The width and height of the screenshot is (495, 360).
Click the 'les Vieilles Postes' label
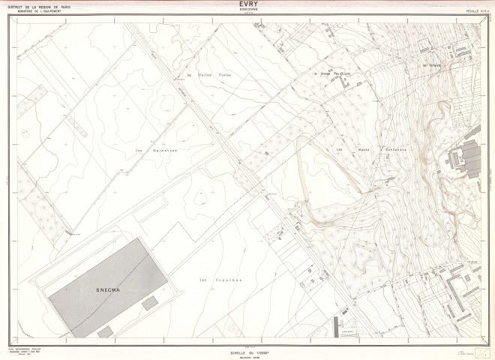pos(201,76)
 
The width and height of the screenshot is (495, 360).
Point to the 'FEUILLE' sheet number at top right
pos(471,9)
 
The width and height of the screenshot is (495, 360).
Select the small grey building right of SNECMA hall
pos(151,301)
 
